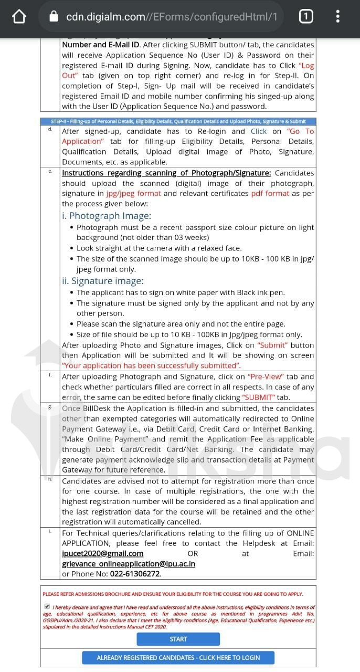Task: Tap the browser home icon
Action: coord(19,17)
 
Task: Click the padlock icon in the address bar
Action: coord(54,17)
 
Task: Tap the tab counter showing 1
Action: coord(305,17)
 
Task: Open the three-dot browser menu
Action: coord(338,17)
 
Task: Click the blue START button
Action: coord(178,639)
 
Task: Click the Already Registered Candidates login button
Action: coord(178,658)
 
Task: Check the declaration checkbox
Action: coord(48,607)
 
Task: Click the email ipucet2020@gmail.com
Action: coord(102,553)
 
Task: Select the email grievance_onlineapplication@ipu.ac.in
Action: coord(129,564)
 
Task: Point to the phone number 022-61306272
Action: coord(134,574)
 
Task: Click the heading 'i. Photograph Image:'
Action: coord(107,216)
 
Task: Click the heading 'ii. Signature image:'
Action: coord(102,281)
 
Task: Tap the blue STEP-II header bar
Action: coord(178,121)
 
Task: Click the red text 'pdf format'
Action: coord(270,193)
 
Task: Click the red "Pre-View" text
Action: coord(266,376)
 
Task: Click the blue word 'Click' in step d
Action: coord(259,131)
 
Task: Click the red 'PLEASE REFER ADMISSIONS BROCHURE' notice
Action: coord(173,594)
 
